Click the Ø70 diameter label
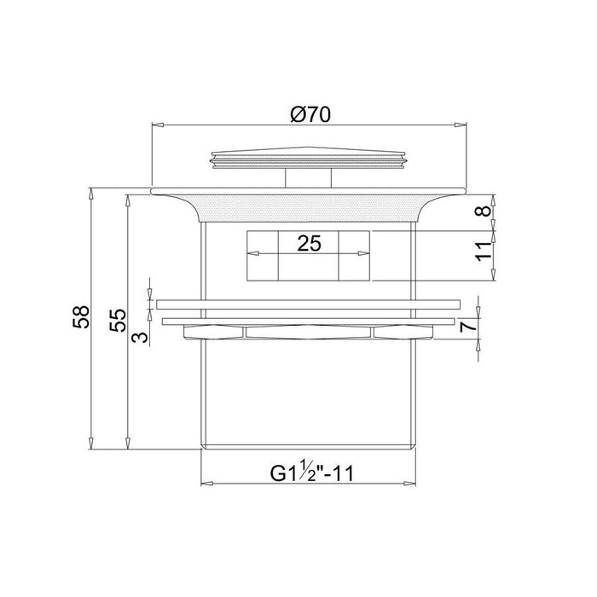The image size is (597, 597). coord(310,114)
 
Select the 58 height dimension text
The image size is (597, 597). coord(81,316)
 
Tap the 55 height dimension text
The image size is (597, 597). coord(118,320)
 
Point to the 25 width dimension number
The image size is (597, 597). coord(309,243)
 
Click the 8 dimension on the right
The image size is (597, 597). coord(484,211)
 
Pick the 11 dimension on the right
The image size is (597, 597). coord(484,252)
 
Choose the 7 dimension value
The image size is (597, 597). coord(469,327)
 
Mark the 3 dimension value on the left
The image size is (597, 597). coord(140,337)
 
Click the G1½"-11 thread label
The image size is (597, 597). coord(312,472)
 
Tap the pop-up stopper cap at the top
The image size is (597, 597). coord(309,158)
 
